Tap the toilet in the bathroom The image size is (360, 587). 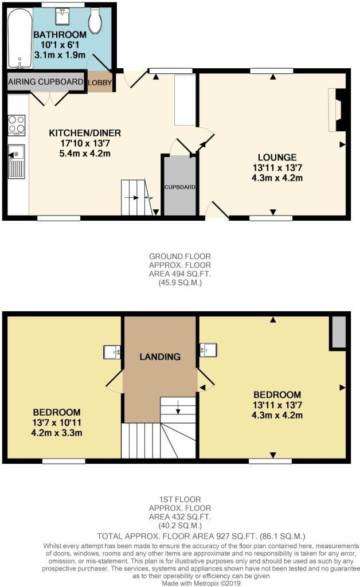pos(95,20)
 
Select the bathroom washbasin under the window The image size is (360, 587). pos(62,15)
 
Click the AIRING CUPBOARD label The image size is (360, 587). pos(46,81)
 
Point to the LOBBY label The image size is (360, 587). pos(100,83)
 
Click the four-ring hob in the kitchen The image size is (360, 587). pos(17,125)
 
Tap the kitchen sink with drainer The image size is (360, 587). pos(17,162)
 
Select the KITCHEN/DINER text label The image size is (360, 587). pos(85,133)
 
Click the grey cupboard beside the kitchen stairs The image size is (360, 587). pos(179,186)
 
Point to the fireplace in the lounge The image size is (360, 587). pos(336,110)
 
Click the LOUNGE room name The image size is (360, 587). pos(277,157)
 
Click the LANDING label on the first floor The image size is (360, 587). pos(160,357)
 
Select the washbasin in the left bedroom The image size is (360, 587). pos(112,353)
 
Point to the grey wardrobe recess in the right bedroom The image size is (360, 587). pos(338,332)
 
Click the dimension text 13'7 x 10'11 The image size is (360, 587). pos(57,422)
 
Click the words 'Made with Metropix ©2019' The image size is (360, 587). pos(201,583)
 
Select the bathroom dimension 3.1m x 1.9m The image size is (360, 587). pos(60,55)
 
